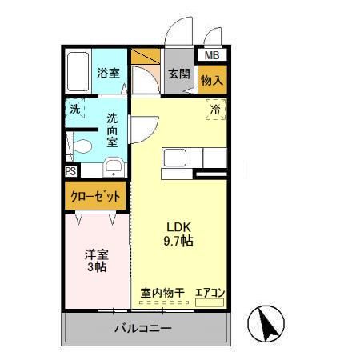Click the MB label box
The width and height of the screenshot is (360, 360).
coord(211,56)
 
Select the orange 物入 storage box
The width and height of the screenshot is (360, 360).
coord(212,80)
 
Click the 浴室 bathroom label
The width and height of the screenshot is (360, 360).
coord(110,73)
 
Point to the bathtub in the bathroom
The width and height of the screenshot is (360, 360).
coord(78,72)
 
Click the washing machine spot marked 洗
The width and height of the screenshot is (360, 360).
coord(74,109)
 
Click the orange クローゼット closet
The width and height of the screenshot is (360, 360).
coord(97,196)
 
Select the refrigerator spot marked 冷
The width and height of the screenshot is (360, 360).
coord(215,110)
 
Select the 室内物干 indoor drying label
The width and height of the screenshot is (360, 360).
coord(162,293)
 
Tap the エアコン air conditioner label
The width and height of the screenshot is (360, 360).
coord(210,293)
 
